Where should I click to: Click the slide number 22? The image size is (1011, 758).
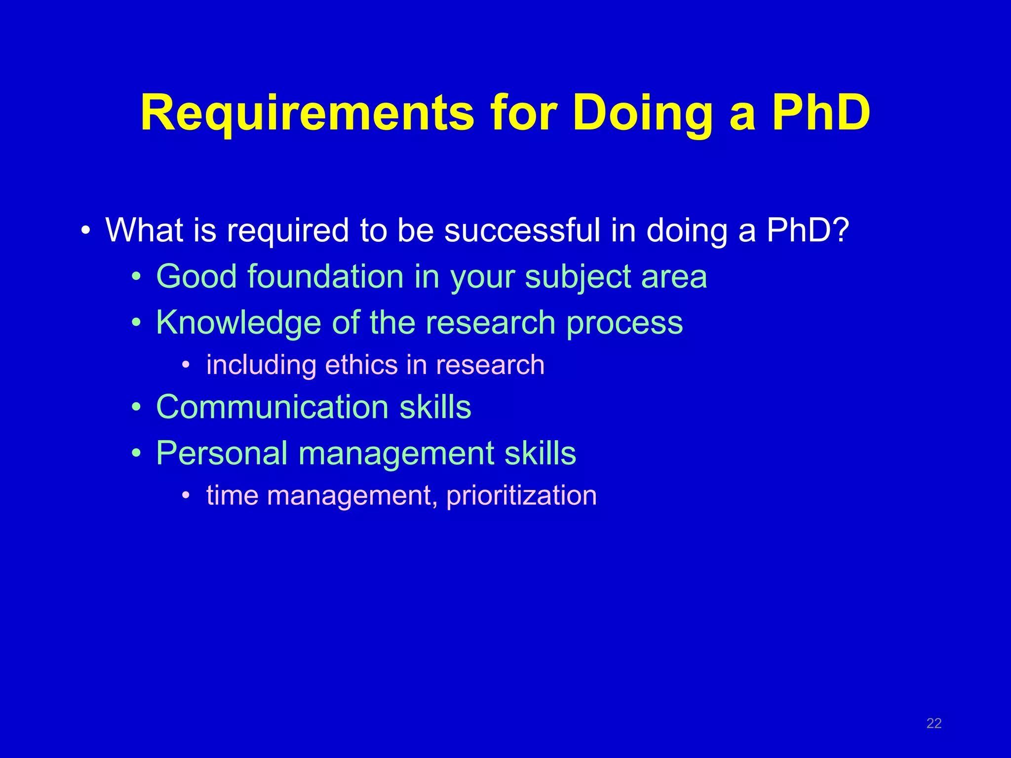pos(934,723)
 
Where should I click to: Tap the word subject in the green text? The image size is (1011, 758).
pos(578,277)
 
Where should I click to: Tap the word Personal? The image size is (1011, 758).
pos(222,453)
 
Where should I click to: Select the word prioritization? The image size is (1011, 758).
pos(521,495)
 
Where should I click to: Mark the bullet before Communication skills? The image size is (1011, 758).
pos(137,408)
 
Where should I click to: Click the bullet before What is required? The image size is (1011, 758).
pos(86,231)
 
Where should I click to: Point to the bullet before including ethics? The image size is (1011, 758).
pos(186,366)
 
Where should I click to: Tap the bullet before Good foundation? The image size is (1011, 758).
pos(137,277)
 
